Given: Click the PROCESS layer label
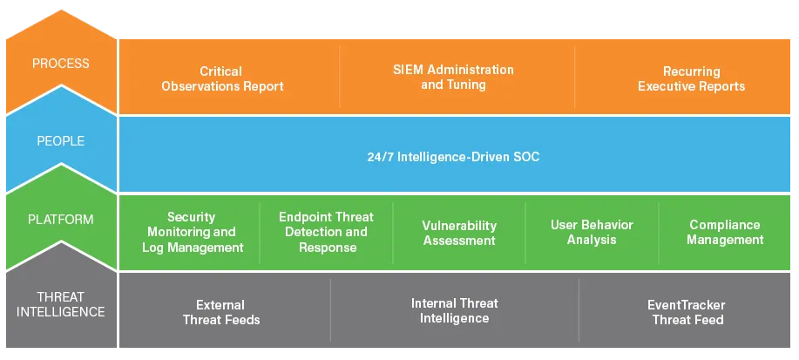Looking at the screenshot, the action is click(x=61, y=64).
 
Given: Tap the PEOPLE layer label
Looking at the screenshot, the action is click(x=61, y=141).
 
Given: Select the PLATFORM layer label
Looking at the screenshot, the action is click(x=61, y=220).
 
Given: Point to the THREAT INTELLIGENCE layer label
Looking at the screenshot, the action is click(x=61, y=304).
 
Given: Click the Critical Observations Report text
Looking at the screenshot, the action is click(x=223, y=78).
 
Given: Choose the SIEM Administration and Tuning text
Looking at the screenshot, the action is click(x=453, y=77).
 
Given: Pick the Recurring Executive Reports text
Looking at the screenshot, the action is click(x=692, y=79).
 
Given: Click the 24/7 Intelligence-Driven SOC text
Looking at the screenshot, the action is click(x=453, y=157).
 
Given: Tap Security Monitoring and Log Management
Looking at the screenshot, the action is click(x=192, y=233).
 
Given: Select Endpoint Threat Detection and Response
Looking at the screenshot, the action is click(x=327, y=232).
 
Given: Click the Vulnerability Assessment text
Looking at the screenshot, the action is click(x=459, y=233).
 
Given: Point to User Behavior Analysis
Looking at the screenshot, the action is click(x=592, y=232).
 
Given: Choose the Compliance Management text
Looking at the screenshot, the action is click(x=725, y=232).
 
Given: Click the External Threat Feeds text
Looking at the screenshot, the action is click(x=221, y=313).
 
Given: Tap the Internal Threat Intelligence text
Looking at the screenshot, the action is click(x=455, y=310).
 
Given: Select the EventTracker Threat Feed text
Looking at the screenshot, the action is click(x=687, y=313).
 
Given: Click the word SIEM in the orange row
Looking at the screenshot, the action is click(x=408, y=70).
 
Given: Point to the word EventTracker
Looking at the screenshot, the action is click(x=687, y=305).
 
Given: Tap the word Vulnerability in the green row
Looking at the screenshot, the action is click(x=459, y=226).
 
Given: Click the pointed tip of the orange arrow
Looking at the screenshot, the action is click(x=61, y=10).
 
